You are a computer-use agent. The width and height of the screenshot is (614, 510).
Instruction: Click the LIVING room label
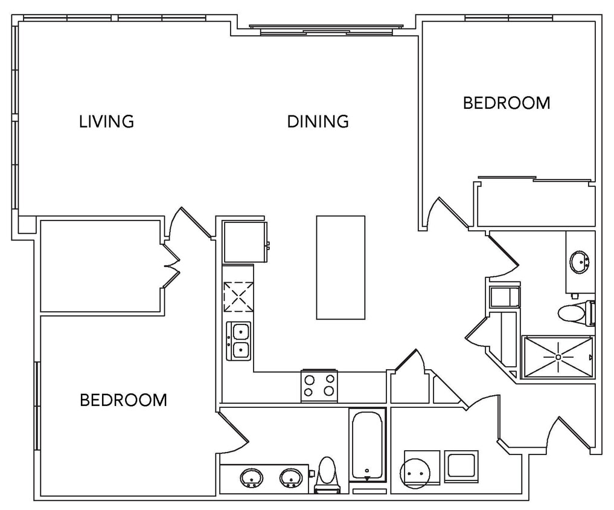(106, 121)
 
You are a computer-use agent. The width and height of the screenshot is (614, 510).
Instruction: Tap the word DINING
(318, 121)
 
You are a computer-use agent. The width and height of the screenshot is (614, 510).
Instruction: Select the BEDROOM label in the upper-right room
(506, 103)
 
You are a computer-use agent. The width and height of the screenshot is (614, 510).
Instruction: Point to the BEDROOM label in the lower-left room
(123, 400)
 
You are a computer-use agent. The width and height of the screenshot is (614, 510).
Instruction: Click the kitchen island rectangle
(341, 267)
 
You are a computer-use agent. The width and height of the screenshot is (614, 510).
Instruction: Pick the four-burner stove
(319, 385)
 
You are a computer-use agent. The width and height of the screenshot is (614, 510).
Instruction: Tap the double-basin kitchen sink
(239, 341)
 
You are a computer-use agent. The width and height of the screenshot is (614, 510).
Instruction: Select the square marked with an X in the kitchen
(237, 297)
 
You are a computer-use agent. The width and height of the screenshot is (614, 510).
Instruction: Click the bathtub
(366, 445)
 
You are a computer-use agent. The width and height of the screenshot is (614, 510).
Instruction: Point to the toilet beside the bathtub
(327, 473)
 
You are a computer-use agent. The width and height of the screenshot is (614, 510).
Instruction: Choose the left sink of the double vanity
(252, 479)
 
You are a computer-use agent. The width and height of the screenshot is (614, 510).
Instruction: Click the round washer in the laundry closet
(417, 470)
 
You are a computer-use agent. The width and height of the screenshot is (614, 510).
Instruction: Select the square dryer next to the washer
(461, 466)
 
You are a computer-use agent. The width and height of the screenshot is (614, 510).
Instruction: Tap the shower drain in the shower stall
(558, 357)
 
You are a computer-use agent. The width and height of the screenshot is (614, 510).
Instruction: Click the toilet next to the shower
(574, 312)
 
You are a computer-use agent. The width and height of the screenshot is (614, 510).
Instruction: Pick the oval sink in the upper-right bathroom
(580, 262)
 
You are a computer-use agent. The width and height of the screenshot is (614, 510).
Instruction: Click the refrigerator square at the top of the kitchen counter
(245, 242)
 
